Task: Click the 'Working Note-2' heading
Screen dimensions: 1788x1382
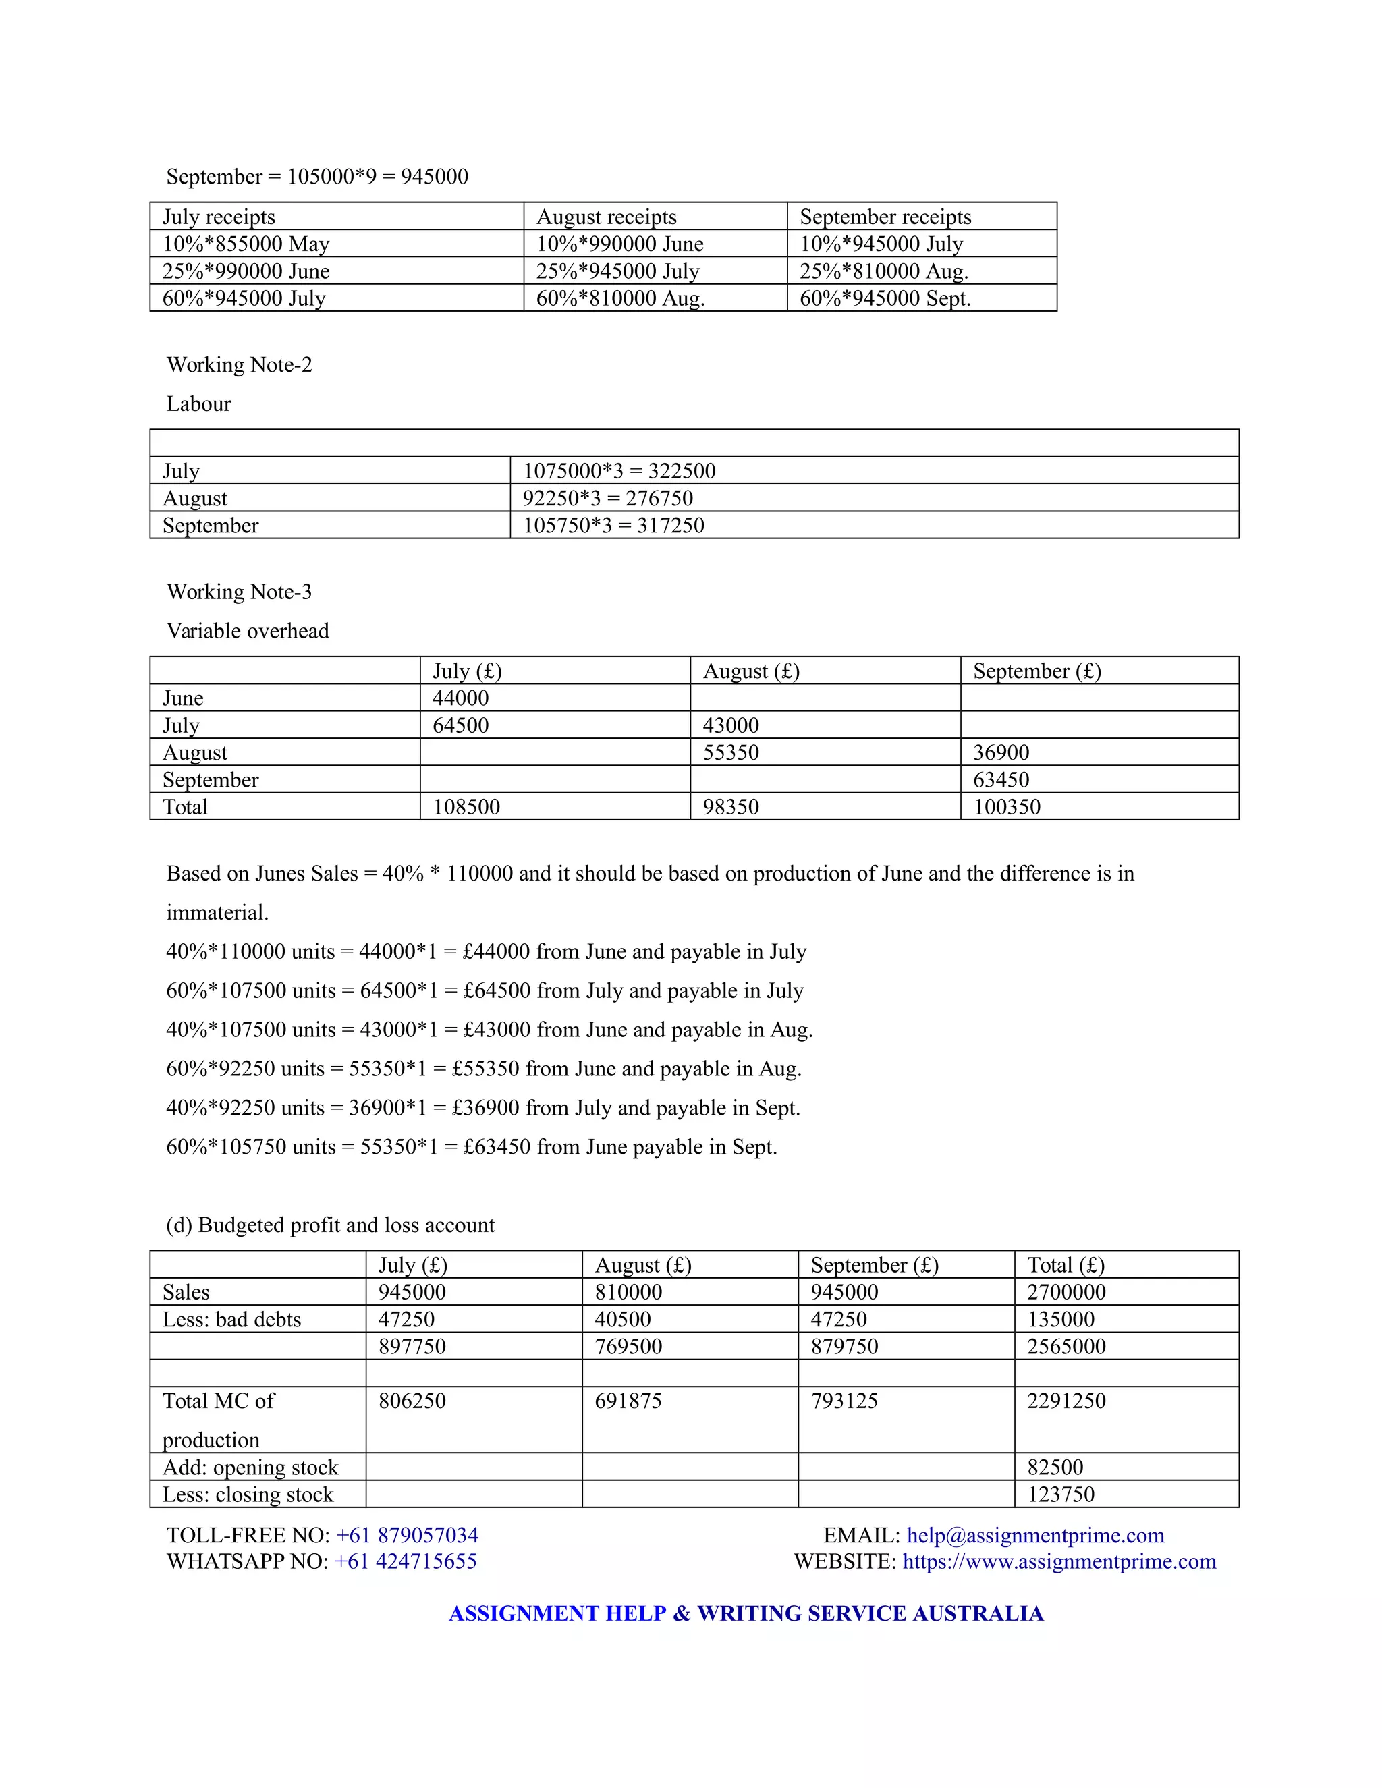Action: (239, 364)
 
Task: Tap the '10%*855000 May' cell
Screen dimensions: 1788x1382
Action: (246, 244)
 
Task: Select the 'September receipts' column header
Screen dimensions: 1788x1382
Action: (885, 217)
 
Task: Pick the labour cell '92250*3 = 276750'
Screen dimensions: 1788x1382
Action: (607, 498)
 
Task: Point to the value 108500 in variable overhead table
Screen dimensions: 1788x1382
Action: (466, 806)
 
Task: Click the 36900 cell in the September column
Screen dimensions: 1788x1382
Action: (1001, 752)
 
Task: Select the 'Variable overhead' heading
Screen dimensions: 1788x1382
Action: (247, 630)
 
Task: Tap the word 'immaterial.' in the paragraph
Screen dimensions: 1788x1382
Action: (217, 912)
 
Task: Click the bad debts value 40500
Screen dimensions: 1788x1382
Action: (622, 1319)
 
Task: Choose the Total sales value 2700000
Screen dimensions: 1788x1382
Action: (1066, 1292)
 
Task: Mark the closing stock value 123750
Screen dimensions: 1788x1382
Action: (1060, 1494)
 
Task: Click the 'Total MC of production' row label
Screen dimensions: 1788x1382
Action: (218, 1420)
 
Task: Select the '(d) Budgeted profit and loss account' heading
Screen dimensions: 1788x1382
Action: (330, 1225)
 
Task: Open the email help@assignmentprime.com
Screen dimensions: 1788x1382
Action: (1035, 1535)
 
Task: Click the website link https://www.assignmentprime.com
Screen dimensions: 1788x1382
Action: (1059, 1561)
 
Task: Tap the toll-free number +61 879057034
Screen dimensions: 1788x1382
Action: (407, 1535)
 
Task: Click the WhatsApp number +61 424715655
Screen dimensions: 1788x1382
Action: (406, 1561)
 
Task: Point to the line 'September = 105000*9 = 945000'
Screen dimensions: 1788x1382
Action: (317, 177)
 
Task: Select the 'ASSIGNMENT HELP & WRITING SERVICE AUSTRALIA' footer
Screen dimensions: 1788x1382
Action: (746, 1613)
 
